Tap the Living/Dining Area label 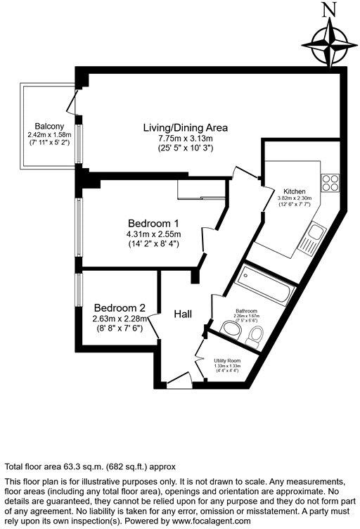[185, 128]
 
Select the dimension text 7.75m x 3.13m [186, 139]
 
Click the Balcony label [41, 127]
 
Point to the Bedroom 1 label [153, 224]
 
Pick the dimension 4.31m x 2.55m [153, 234]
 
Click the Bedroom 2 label [120, 308]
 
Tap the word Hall [184, 314]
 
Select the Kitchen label [294, 191]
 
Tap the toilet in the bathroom [256, 335]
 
